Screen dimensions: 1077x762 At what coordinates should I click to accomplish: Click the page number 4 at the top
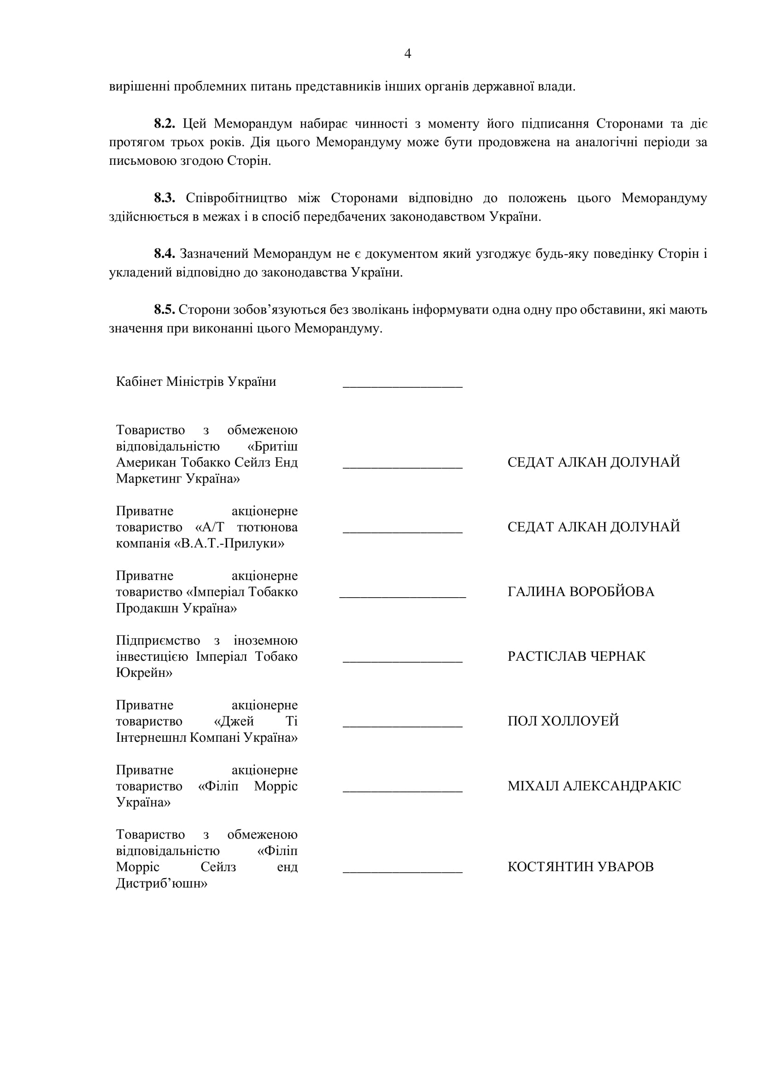point(407,54)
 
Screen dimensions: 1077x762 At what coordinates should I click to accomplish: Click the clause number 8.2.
point(164,124)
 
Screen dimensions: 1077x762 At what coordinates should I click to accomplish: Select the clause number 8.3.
point(164,198)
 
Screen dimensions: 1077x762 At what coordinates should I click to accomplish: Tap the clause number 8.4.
point(164,254)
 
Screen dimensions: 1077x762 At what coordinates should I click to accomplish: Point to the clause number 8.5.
point(164,309)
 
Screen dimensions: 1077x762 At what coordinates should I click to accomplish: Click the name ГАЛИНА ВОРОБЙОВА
point(580,592)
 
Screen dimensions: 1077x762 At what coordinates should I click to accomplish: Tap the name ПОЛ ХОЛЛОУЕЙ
point(563,721)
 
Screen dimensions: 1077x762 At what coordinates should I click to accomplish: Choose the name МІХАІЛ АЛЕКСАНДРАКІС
point(594,786)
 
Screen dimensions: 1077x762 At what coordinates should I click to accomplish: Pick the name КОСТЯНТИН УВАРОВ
point(580,867)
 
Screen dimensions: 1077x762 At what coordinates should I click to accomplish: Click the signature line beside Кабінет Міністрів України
point(403,385)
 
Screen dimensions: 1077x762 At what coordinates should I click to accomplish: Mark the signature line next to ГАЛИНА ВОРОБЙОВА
point(403,596)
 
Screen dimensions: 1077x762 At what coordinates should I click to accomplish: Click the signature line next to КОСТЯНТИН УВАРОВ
point(403,871)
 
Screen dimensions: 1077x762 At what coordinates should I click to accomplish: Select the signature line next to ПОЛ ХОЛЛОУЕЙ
point(403,726)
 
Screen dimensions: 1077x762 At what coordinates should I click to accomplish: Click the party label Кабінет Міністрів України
point(196,382)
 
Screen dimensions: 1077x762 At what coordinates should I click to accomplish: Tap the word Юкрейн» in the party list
point(144,673)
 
